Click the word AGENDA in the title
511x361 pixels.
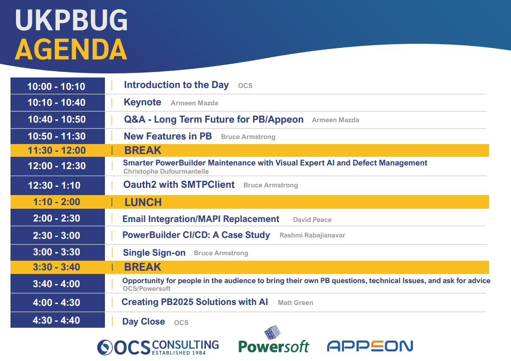pos(71,50)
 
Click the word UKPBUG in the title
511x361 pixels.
pos(71,20)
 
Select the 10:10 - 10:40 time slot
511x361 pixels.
pos(57,103)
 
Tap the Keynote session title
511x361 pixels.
pos(142,102)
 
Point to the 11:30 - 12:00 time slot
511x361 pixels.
pos(57,150)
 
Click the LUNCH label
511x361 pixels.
pos(143,202)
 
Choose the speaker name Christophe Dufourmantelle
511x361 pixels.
pos(166,171)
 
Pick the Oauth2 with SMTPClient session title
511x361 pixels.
pos(179,185)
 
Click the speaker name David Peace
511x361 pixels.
pos(312,220)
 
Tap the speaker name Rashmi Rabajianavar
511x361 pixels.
pos(312,235)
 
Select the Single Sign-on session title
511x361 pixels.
pos(154,253)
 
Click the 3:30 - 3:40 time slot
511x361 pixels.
pos(57,267)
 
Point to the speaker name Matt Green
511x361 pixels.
pos(295,303)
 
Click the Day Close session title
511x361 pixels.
pos(143,322)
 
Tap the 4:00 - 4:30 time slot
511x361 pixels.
pos(57,302)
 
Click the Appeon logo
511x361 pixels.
pos(370,346)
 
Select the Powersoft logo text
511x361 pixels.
pos(273,347)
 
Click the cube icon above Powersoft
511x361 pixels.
pos(272,332)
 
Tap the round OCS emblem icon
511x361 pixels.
pos(105,347)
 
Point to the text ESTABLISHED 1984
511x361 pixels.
pos(179,353)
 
